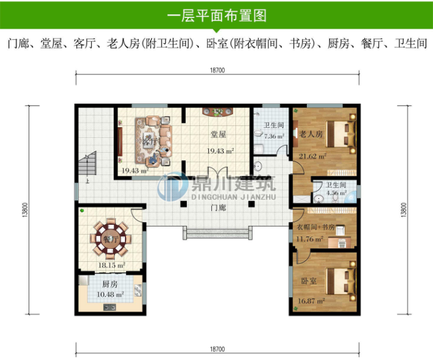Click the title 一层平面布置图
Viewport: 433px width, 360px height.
point(217,14)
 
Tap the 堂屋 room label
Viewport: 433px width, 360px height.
point(218,134)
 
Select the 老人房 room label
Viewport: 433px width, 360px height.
point(311,133)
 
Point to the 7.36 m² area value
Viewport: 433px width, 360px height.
point(274,136)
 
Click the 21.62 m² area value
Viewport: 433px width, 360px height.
point(312,157)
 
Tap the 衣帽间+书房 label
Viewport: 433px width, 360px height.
point(313,227)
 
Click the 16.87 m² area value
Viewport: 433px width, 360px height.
point(312,301)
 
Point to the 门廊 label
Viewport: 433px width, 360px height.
point(218,208)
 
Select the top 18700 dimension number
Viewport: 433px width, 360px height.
point(217,71)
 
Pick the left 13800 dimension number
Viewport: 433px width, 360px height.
point(27,212)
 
